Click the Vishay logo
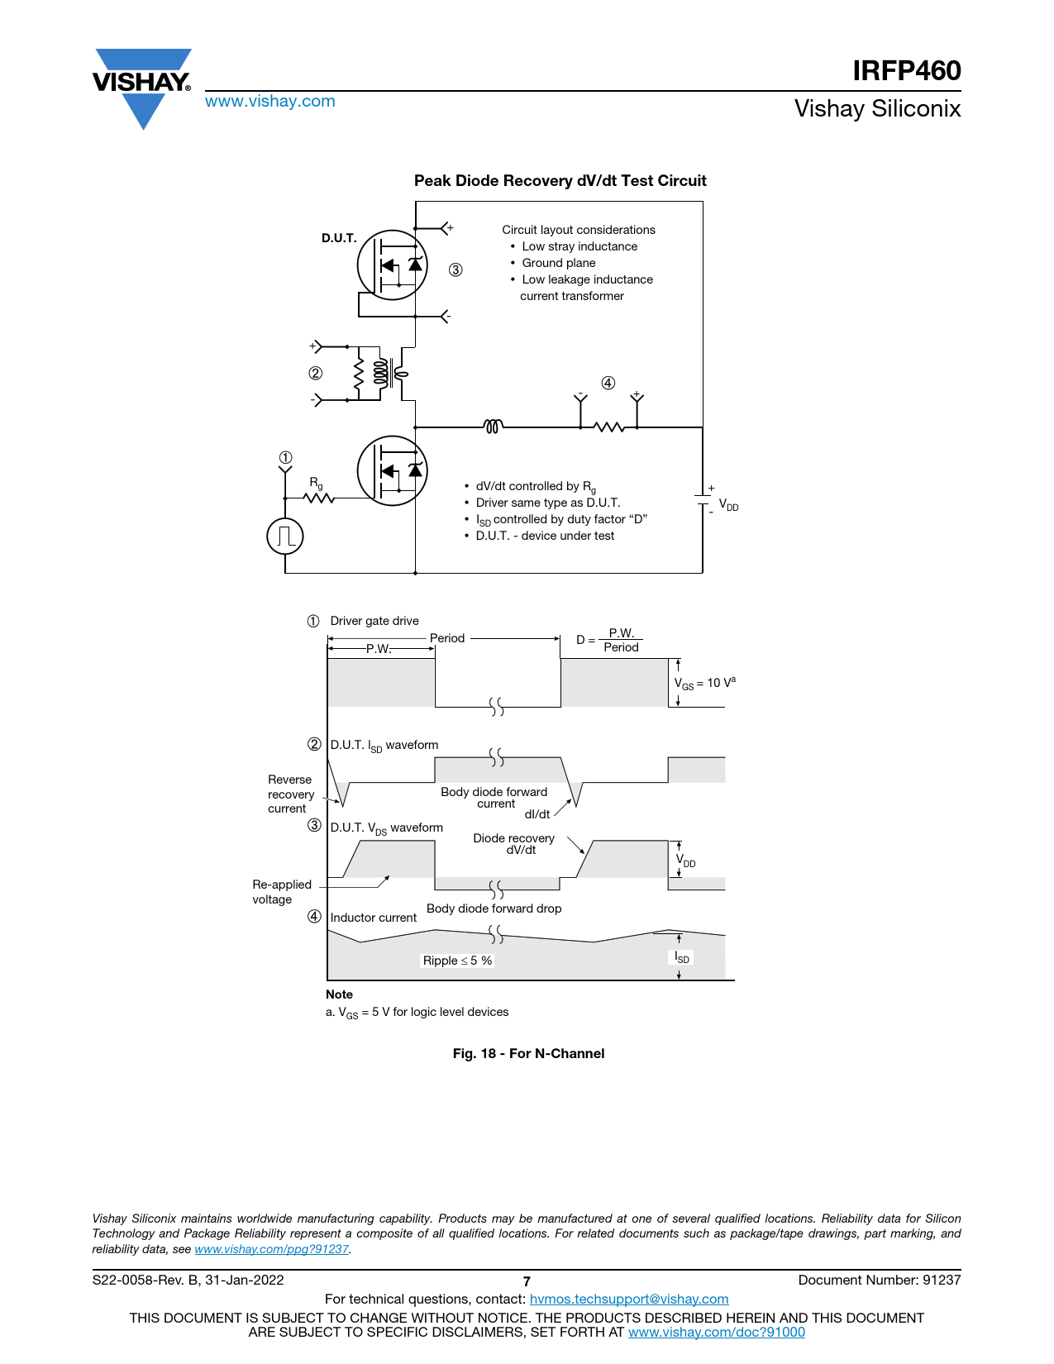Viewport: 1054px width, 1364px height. [142, 84]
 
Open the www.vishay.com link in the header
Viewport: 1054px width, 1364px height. [270, 102]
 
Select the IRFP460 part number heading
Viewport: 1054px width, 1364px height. [907, 71]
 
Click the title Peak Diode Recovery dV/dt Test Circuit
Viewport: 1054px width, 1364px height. [560, 181]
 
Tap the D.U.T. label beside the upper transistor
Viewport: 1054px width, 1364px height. [339, 238]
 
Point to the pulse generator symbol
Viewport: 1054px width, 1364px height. [285, 537]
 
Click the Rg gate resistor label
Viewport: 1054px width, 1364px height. [316, 483]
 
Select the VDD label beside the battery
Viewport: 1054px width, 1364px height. [728, 504]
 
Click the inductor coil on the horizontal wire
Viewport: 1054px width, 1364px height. [493, 427]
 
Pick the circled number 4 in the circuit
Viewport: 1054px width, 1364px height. [608, 383]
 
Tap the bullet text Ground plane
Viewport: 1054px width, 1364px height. [558, 263]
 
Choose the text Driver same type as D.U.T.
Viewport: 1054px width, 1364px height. [547, 503]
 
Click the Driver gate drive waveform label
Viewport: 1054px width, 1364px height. [374, 621]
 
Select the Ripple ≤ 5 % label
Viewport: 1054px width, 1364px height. [457, 961]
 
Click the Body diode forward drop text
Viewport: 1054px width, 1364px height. [494, 909]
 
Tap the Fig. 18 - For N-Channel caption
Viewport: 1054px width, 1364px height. [528, 1053]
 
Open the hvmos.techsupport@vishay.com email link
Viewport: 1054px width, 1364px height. [628, 1300]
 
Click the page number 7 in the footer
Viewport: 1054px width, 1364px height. [527, 1281]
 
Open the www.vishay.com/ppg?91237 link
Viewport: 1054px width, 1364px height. [271, 1249]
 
